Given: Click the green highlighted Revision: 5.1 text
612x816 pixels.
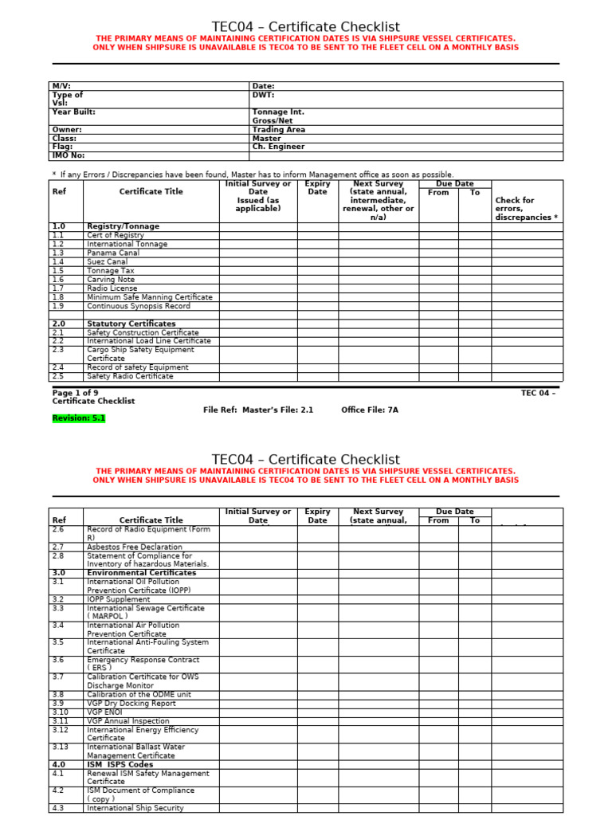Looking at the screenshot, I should click(x=79, y=418).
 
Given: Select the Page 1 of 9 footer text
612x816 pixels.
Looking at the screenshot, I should click(x=76, y=393).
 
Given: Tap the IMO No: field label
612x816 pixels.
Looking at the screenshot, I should click(x=68, y=155).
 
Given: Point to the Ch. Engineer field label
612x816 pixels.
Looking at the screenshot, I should click(x=278, y=147).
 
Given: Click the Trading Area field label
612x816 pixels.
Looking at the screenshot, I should click(x=278, y=129).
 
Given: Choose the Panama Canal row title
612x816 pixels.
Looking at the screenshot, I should click(x=112, y=253).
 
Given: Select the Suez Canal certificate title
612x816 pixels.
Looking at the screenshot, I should click(x=107, y=261).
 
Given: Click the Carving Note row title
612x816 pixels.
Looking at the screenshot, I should click(x=111, y=280).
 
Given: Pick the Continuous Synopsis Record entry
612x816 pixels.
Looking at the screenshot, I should click(x=139, y=306).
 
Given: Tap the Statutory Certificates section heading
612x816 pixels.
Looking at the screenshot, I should click(x=131, y=324).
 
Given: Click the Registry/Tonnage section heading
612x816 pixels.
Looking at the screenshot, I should click(x=123, y=226).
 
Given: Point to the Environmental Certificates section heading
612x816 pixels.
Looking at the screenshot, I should click(x=141, y=573).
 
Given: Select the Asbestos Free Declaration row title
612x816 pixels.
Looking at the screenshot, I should click(x=134, y=547).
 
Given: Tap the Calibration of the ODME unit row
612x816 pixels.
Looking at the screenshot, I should click(x=138, y=694).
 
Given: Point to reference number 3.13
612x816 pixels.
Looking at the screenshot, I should click(x=61, y=747).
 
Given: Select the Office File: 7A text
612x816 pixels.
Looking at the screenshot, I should click(x=369, y=410).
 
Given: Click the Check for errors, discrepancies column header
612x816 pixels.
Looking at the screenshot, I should click(x=526, y=209).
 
